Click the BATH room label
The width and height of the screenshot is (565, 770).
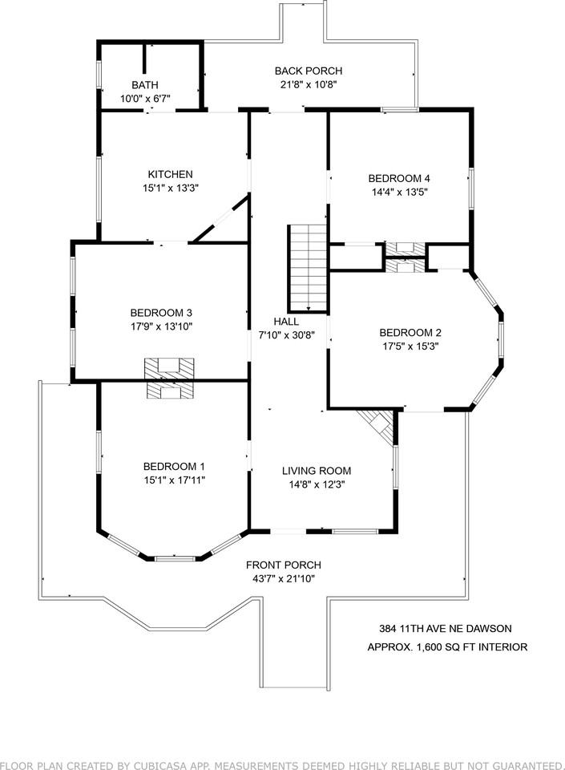coord(145,84)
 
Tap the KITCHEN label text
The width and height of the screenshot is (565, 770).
coord(170,174)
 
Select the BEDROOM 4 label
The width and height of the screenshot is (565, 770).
coord(399,178)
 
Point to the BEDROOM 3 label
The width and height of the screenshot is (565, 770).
coord(161,313)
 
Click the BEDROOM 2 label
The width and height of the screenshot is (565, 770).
coord(410,333)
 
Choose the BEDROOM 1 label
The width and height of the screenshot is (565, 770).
coord(174,466)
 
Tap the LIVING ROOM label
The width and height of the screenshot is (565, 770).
coord(316,471)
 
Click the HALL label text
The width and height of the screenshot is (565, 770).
coord(286,321)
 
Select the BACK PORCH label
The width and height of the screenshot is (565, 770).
coord(308,71)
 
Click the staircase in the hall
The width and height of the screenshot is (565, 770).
coord(308,268)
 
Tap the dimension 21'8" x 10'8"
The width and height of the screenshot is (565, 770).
coord(308,84)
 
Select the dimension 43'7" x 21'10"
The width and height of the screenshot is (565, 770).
coord(283,577)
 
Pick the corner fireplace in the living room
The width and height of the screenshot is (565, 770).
coord(379,425)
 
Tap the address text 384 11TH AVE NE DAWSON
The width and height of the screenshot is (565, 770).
coord(445,629)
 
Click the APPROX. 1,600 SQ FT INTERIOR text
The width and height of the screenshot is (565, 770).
coord(447,646)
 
